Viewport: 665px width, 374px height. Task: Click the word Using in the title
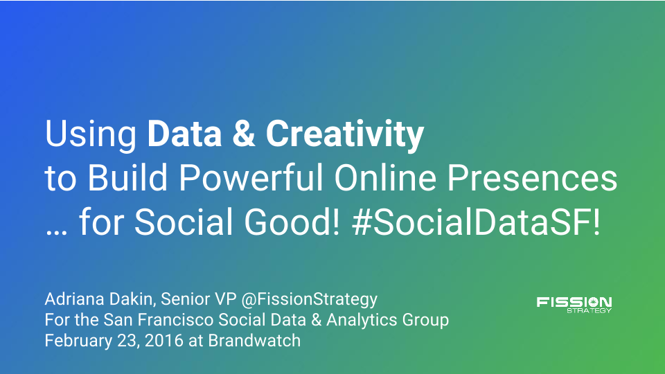[x=90, y=136]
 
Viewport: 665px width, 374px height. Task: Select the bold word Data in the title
[x=184, y=134]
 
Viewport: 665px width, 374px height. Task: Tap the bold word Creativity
[x=345, y=136]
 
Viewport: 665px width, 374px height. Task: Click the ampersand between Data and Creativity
[x=244, y=134]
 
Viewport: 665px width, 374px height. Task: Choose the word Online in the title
[x=386, y=177]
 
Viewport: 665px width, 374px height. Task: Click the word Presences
[x=532, y=177]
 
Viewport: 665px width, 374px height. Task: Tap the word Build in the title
[x=127, y=177]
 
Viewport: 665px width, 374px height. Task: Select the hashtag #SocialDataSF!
[x=477, y=222]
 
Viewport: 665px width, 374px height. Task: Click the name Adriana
[x=75, y=299]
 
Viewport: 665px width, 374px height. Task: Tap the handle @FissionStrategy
[x=309, y=300]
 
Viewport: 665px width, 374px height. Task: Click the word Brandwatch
[x=254, y=341]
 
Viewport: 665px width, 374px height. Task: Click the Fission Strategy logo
[x=574, y=305]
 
